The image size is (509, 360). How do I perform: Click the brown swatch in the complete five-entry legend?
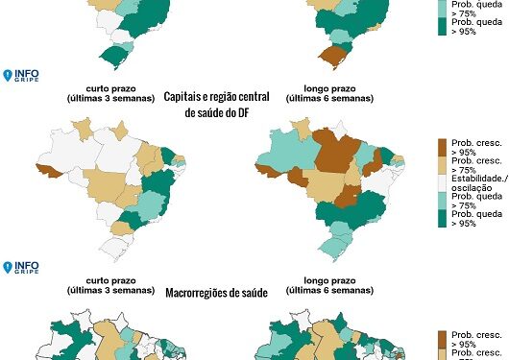443,147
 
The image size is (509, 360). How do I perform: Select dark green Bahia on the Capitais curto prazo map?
154,183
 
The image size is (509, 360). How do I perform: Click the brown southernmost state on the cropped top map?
332,55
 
